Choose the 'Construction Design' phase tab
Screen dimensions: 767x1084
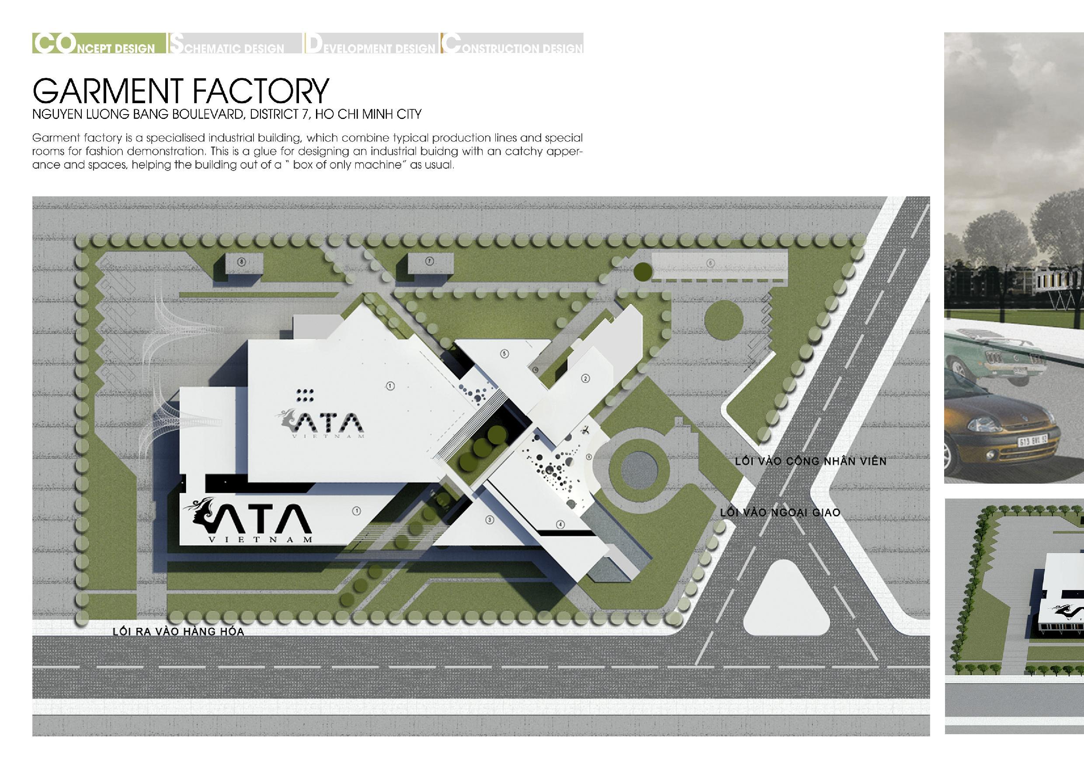(x=512, y=43)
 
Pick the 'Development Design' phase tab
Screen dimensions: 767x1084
(x=370, y=43)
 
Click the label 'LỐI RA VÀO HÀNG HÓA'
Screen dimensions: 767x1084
(x=178, y=632)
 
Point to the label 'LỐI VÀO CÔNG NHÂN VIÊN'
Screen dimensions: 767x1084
(x=810, y=461)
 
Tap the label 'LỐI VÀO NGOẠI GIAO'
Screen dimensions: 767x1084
(x=780, y=512)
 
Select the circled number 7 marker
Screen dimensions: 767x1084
(x=429, y=261)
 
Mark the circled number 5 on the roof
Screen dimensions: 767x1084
(x=504, y=353)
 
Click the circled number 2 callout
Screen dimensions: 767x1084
(x=585, y=378)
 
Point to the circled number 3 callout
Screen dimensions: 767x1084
(x=490, y=520)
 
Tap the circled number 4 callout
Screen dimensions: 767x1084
(x=560, y=524)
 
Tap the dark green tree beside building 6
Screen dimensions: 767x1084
(x=643, y=271)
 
